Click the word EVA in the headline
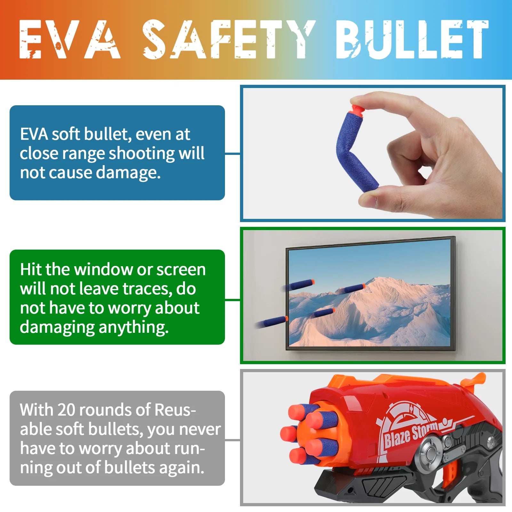pyautogui.click(x=70, y=39)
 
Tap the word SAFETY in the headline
pyautogui.click(x=229, y=39)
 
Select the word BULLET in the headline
pyautogui.click(x=412, y=39)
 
